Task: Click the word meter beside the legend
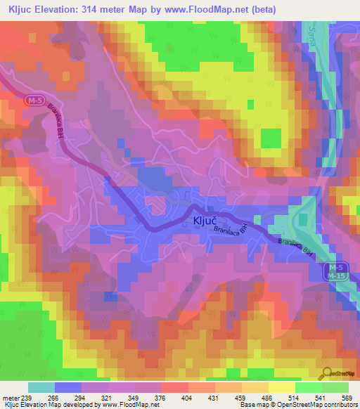(11, 397)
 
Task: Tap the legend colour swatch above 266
(67, 387)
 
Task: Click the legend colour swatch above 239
(41, 387)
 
